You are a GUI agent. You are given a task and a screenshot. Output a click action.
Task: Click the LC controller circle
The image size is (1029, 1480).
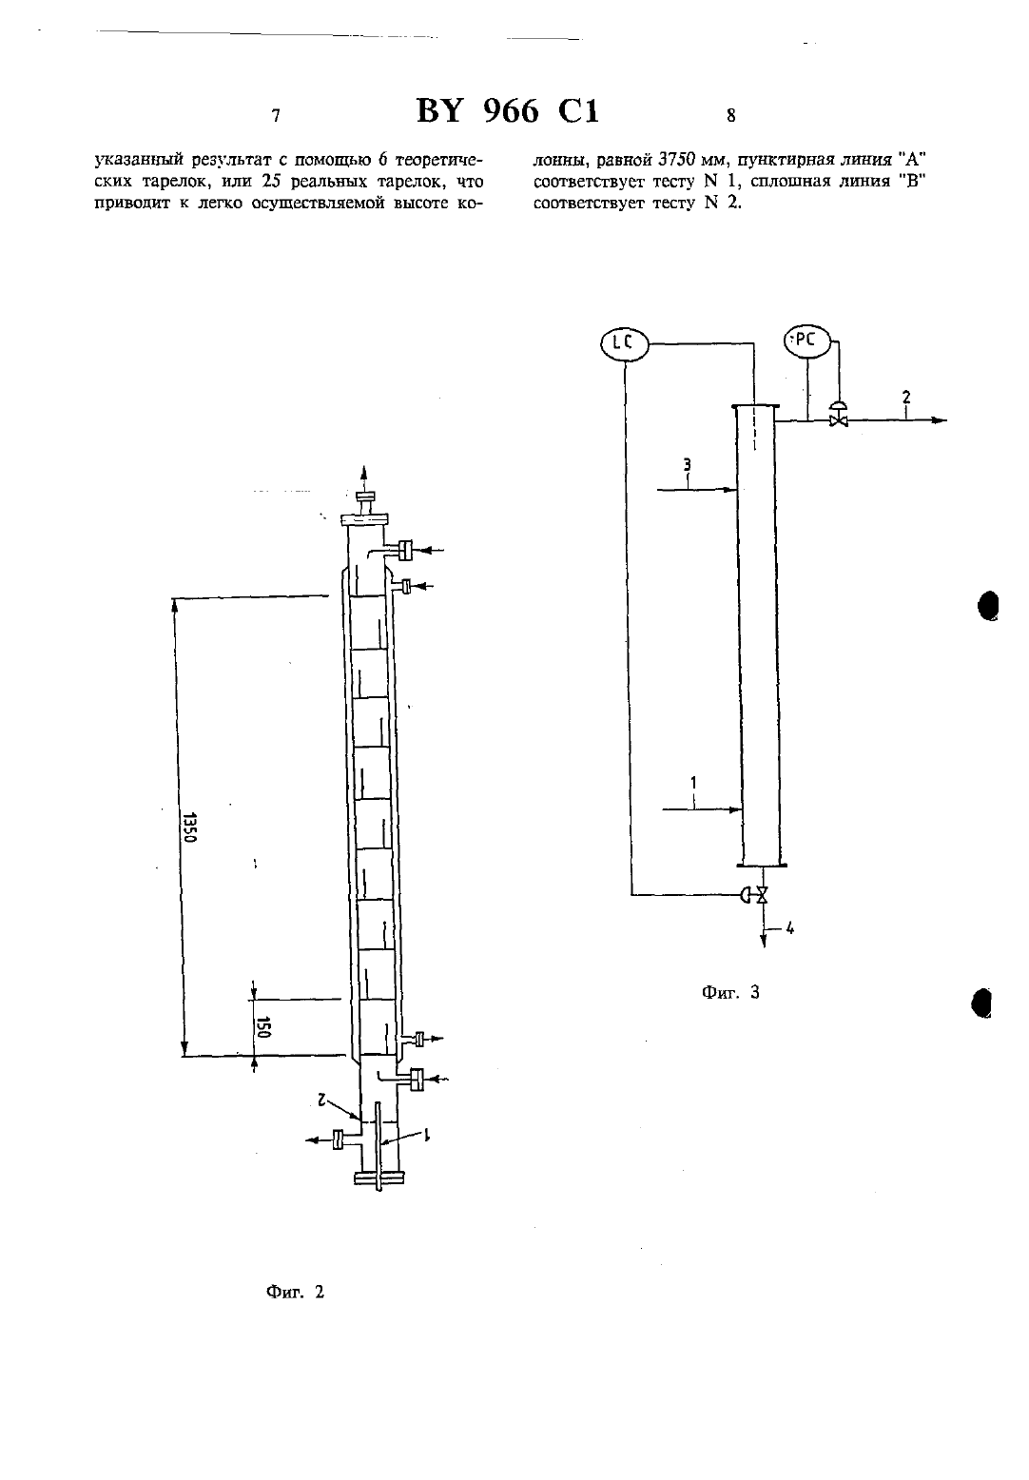[x=624, y=343]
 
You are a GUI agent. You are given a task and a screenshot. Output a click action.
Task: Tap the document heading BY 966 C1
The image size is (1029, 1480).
[x=508, y=111]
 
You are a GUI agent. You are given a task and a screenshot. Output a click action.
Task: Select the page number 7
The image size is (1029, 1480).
[x=276, y=116]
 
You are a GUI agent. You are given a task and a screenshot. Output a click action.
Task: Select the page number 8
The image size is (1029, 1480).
[x=730, y=116]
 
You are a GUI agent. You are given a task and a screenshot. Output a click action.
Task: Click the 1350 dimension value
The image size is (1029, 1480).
[x=189, y=827]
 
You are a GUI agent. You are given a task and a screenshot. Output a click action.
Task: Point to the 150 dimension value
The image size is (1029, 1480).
[x=264, y=1026]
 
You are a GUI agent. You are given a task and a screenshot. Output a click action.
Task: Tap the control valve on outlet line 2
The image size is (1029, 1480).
[x=838, y=415]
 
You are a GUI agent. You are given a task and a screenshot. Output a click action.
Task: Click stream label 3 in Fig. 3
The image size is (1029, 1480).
[x=687, y=465]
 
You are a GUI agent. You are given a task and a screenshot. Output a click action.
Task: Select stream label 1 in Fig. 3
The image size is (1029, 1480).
[x=693, y=783]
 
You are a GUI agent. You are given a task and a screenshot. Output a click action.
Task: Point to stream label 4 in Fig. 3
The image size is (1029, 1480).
[x=790, y=927]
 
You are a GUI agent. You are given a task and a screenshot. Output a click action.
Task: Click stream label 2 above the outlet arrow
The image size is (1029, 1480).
[x=906, y=397]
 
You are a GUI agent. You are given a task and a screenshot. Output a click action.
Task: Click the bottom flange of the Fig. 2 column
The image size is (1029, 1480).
[x=379, y=1178]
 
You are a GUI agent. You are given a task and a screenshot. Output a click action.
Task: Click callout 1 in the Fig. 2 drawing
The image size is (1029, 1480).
[x=427, y=1134]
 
